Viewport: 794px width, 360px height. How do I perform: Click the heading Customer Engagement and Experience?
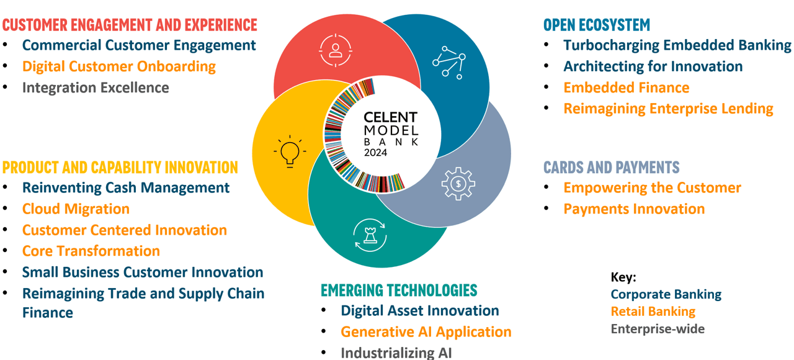coord(130,25)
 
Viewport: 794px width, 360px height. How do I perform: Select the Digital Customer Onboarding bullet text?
coord(118,66)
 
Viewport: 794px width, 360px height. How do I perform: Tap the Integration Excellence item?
coord(96,88)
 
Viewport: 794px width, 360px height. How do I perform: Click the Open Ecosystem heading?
coord(597,25)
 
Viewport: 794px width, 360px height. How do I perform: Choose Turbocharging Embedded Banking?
coord(677,45)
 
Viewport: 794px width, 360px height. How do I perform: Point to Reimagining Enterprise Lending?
coord(668,109)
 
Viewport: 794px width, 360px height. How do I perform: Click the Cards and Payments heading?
coord(611,167)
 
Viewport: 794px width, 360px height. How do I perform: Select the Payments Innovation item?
coord(634,209)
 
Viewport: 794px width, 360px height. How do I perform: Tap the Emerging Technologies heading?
coord(399,290)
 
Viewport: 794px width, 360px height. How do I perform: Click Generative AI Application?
coord(426,332)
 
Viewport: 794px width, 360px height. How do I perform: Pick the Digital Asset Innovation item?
coord(420,310)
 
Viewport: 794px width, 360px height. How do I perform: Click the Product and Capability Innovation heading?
coord(120,167)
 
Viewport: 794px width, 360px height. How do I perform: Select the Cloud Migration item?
coord(76,209)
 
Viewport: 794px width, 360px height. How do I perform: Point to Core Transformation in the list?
coord(91,251)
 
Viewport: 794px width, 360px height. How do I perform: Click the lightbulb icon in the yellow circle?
coord(289,151)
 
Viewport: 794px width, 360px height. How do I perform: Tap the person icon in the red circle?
coord(336,50)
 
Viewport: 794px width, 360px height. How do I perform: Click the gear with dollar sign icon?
coord(458,183)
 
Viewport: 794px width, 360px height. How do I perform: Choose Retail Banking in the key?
coord(653,312)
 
